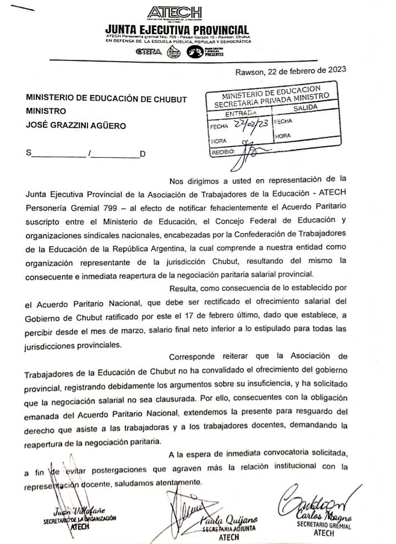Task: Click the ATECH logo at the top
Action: (175, 13)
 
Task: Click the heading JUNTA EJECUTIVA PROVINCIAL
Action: (177, 29)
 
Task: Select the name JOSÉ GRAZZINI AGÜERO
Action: (76, 125)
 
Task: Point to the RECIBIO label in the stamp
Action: (223, 151)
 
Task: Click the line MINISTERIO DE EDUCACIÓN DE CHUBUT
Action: (106, 99)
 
